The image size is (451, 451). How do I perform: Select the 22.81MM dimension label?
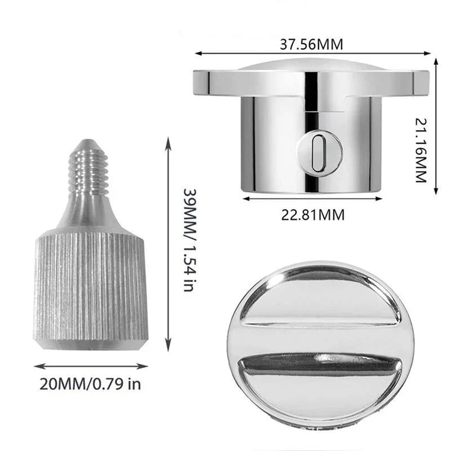(312, 214)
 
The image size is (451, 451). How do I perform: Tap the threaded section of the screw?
(88, 169)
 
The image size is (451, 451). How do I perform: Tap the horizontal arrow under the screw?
(91, 365)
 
